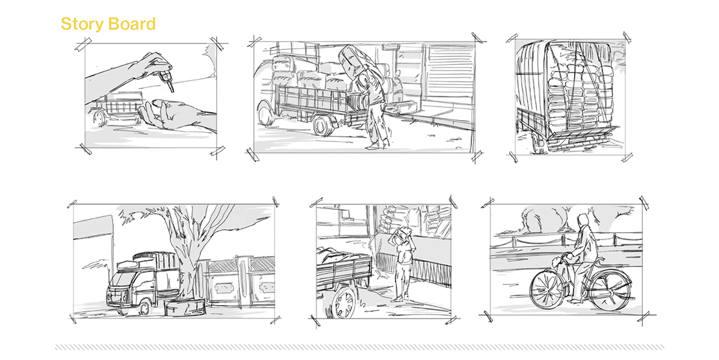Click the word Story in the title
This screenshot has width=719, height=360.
(x=81, y=24)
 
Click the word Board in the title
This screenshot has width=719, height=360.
(x=132, y=23)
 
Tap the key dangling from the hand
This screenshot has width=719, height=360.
(x=168, y=81)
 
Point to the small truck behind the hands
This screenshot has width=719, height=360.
(x=114, y=108)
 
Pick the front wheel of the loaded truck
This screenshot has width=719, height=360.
(x=267, y=114)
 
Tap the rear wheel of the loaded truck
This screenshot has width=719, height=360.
(x=324, y=124)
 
